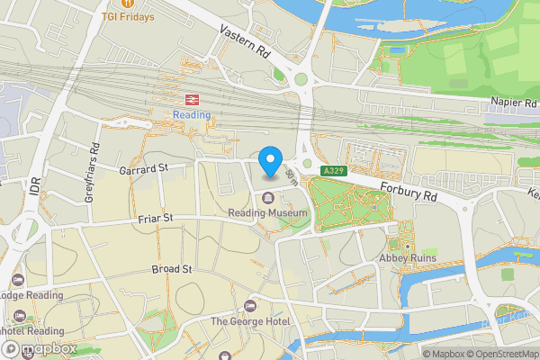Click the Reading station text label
click(192, 114)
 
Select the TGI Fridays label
click(127, 16)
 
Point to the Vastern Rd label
click(244, 41)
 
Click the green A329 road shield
click(332, 169)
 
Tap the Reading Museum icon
click(268, 199)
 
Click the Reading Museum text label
click(268, 213)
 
